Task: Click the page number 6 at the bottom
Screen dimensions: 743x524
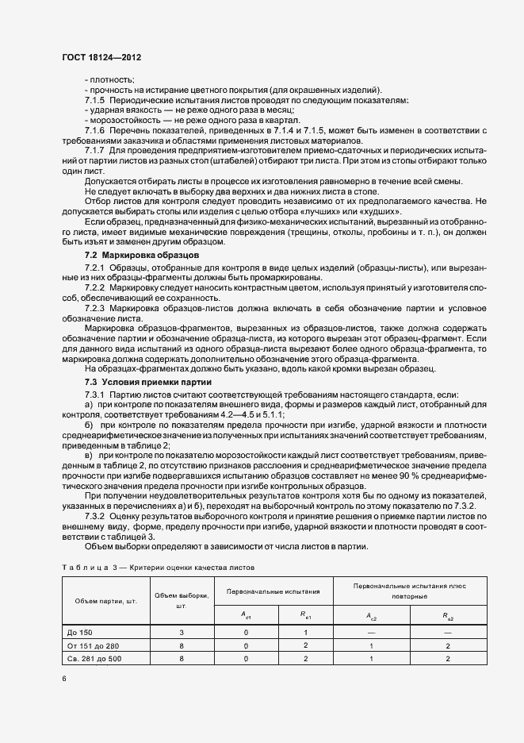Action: click(x=64, y=679)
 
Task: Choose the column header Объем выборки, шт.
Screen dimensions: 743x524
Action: click(x=182, y=600)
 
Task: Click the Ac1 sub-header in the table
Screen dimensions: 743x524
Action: click(x=246, y=614)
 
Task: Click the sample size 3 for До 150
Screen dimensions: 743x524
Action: click(x=182, y=632)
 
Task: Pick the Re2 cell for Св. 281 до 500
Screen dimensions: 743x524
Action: click(x=449, y=659)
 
